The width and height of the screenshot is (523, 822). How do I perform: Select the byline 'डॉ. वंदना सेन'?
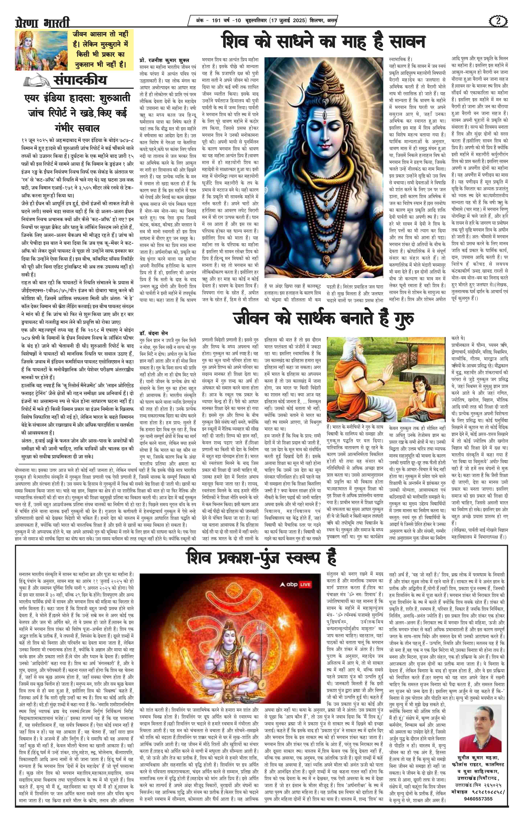(x=153, y=332)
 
